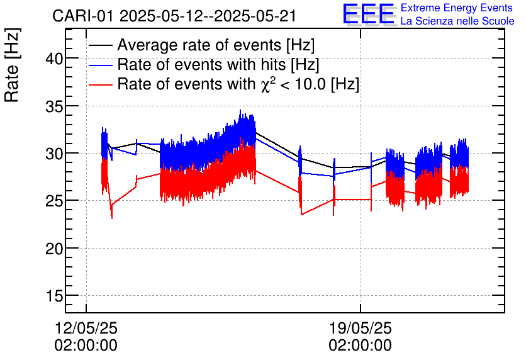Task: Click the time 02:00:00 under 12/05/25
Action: coord(86,346)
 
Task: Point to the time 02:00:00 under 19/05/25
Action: coord(361,346)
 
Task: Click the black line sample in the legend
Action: coord(101,46)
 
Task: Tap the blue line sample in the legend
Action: coord(101,65)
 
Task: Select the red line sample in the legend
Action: coord(101,84)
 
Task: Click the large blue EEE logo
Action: coord(369,14)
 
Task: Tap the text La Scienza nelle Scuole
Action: coord(457,21)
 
